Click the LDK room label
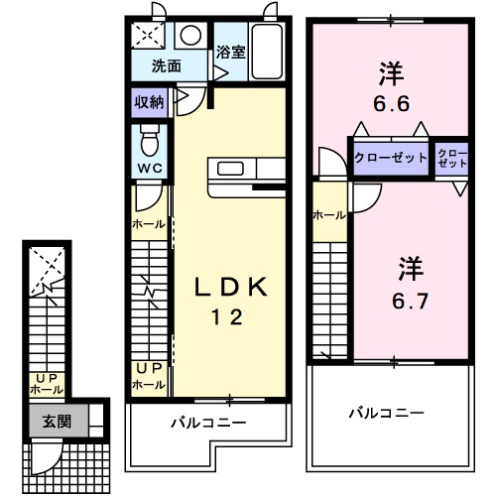229,288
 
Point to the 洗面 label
166,67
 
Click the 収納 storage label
149,102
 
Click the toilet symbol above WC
150,135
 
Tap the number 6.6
390,102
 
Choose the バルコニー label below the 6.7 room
387,412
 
